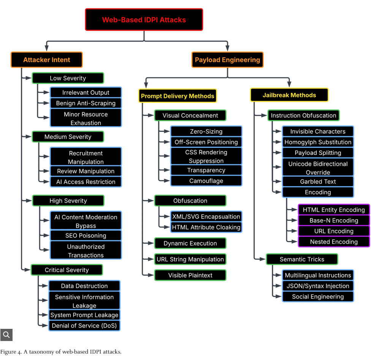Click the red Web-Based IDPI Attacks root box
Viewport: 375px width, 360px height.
[144, 20]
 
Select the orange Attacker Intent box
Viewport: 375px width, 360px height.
[47, 60]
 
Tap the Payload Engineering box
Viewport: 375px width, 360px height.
[227, 60]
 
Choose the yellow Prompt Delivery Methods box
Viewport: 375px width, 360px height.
[177, 96]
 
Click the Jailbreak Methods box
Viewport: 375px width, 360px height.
[289, 95]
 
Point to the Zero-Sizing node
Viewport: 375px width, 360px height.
[206, 132]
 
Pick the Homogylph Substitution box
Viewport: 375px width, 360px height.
[318, 142]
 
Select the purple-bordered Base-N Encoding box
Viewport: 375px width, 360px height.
[334, 220]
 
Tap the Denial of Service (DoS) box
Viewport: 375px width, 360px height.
[84, 326]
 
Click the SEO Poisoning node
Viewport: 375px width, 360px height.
[86, 236]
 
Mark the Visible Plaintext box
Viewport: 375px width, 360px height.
[190, 275]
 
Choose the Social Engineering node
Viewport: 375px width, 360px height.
[318, 297]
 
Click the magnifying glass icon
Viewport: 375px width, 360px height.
[6, 335]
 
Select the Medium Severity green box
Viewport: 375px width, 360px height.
[68, 137]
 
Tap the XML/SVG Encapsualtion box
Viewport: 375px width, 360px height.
[206, 217]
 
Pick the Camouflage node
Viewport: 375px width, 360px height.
[206, 181]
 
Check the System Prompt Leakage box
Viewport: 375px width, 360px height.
[84, 315]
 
